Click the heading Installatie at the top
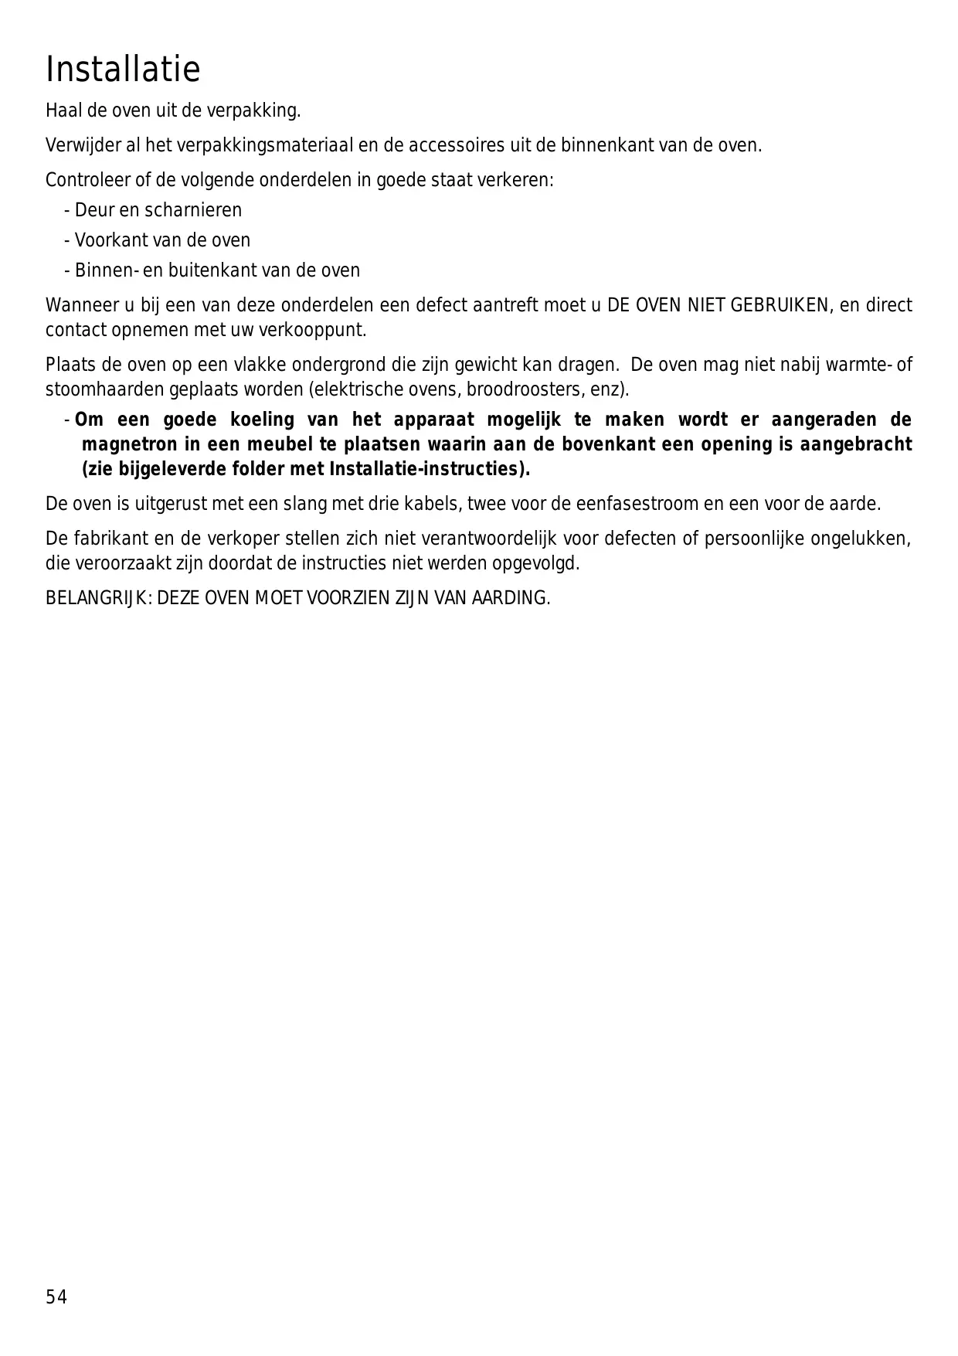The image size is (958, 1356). [123, 70]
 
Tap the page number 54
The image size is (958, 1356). [56, 1297]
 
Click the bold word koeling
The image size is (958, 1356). [263, 420]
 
